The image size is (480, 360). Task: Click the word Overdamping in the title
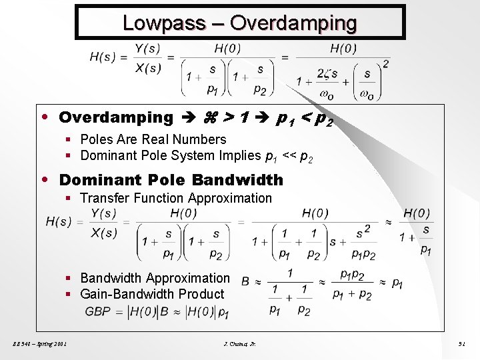293,23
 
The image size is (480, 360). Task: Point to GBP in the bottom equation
97,311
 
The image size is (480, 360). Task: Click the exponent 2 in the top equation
385,63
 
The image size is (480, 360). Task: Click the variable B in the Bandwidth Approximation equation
245,282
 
